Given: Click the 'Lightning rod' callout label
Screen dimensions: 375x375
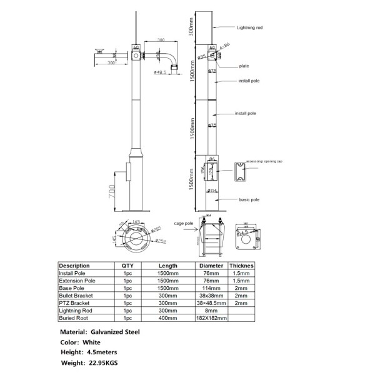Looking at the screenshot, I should point(250,28).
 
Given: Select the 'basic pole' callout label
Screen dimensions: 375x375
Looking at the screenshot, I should point(249,199).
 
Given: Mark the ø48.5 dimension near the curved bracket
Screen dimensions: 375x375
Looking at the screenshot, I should point(161,72).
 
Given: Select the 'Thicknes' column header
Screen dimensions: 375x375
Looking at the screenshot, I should point(241,266).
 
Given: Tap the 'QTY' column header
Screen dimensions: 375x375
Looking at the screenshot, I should point(127,266).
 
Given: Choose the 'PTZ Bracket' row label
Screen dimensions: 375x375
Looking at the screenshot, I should point(74,302).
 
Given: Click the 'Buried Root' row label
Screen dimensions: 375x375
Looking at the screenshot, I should point(73,318).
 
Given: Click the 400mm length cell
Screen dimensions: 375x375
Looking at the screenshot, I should point(167,318).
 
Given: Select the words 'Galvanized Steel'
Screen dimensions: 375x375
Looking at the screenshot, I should point(115,332).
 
